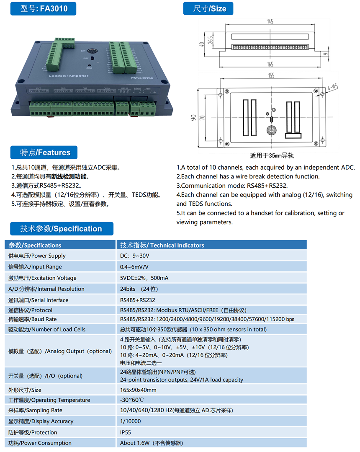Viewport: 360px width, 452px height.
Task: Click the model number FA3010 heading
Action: (44, 8)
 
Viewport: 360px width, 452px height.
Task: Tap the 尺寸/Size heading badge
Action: (208, 8)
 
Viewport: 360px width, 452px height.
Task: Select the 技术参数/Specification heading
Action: (61, 229)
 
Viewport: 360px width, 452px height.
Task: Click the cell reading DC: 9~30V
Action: (135, 256)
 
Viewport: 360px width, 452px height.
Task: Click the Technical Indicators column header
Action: (162, 245)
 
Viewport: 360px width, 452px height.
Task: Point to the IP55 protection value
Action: (126, 432)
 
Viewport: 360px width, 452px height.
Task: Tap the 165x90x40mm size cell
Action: (138, 390)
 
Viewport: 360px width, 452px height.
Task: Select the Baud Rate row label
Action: (33, 319)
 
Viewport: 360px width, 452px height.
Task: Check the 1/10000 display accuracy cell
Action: (131, 421)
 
